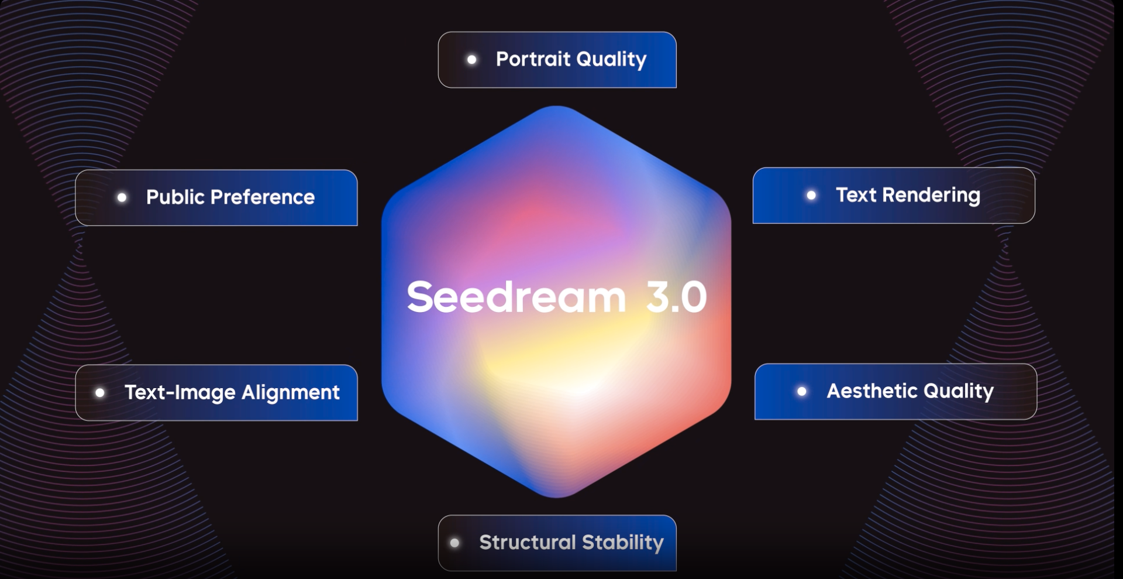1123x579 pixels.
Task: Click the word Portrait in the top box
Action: [x=533, y=59]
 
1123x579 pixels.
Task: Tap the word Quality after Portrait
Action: [x=611, y=59]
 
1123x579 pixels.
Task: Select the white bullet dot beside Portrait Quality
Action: [x=472, y=59]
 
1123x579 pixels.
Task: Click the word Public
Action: [x=175, y=197]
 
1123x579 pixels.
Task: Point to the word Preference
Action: [x=263, y=197]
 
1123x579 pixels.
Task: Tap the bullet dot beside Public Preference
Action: [x=122, y=198]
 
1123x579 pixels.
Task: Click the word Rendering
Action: [x=931, y=195]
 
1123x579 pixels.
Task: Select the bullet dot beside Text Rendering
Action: [x=811, y=196]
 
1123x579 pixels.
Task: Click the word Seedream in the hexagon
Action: [x=516, y=297]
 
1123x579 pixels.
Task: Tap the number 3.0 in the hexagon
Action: [x=677, y=297]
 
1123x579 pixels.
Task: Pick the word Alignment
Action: [x=291, y=392]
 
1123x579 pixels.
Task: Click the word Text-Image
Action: [x=180, y=392]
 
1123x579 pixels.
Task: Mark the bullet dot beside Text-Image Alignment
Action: [x=100, y=393]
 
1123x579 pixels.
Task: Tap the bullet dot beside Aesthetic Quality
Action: [x=802, y=391]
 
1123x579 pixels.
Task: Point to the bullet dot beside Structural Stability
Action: [x=454, y=543]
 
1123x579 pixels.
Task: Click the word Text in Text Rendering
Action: [x=856, y=195]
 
